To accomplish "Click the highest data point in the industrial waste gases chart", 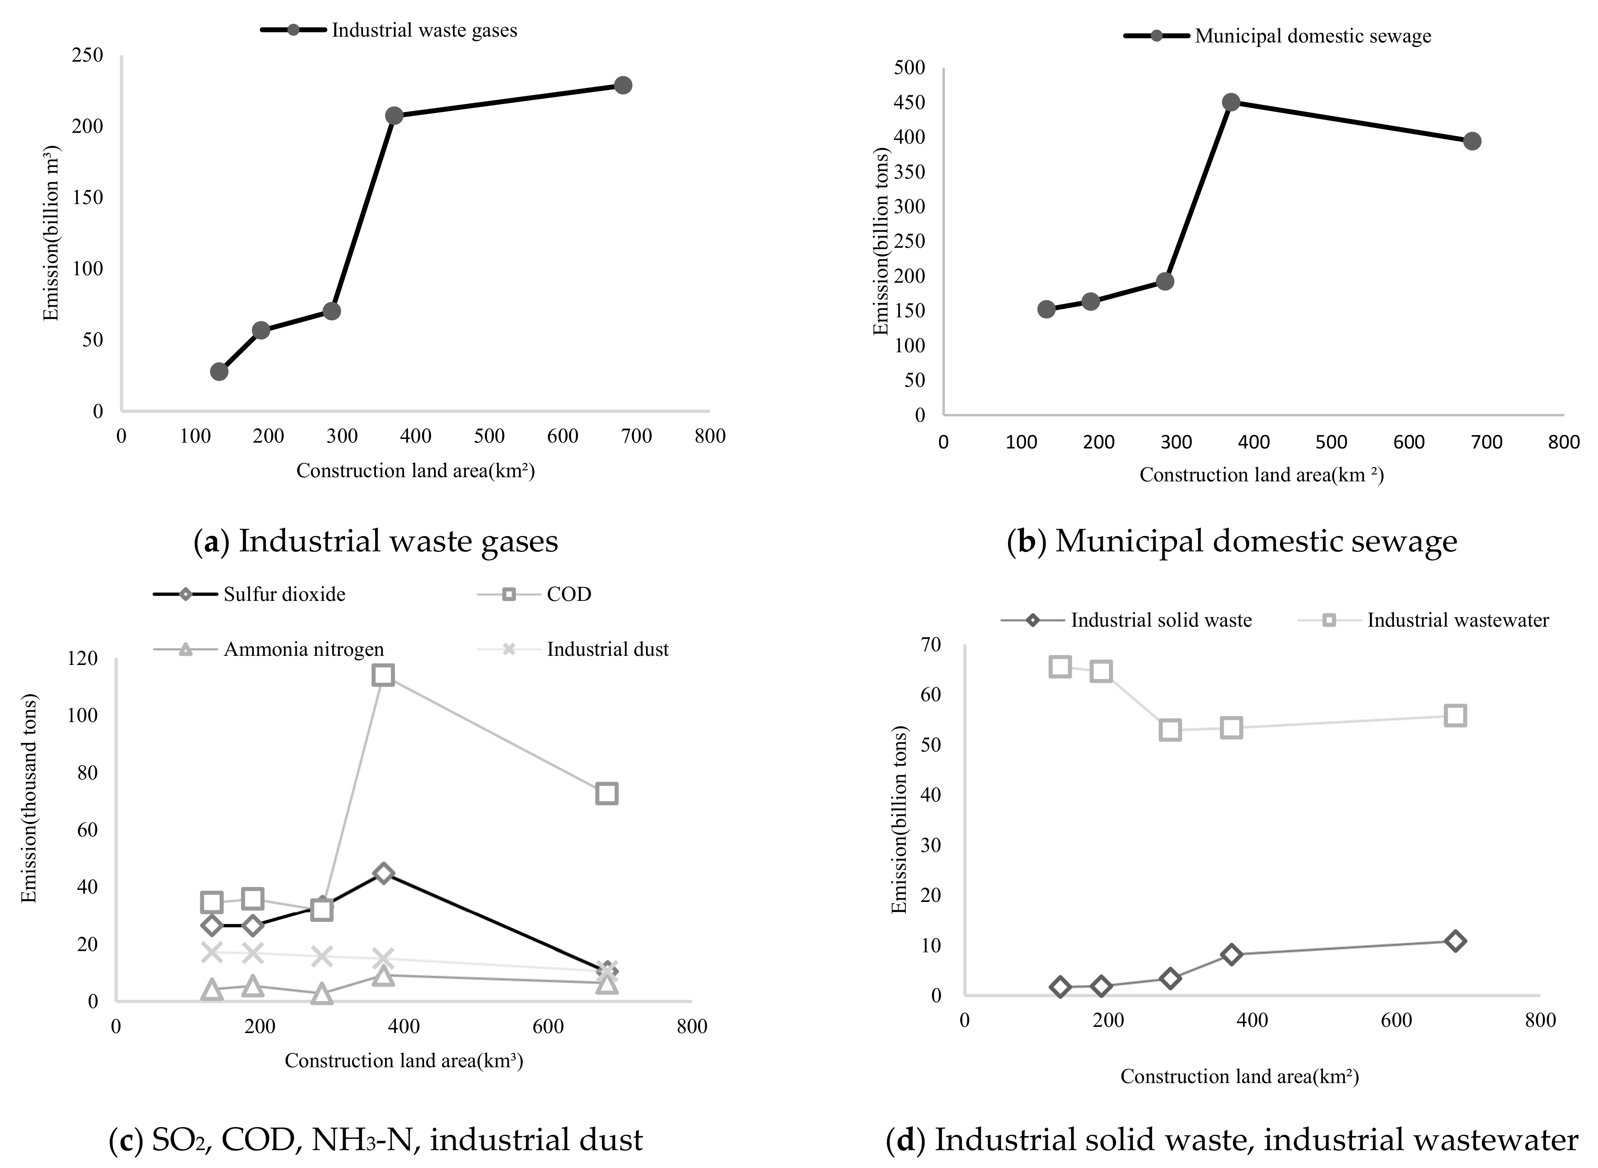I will click(x=622, y=85).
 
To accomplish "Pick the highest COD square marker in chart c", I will click(x=383, y=675).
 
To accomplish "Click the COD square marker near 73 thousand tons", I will click(x=606, y=793).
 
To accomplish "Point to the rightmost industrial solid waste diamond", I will click(x=1454, y=941).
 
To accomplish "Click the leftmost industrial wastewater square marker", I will click(x=1059, y=666).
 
